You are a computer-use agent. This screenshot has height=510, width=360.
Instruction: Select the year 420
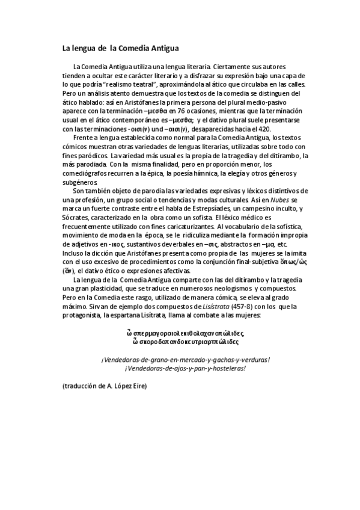[263, 129]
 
